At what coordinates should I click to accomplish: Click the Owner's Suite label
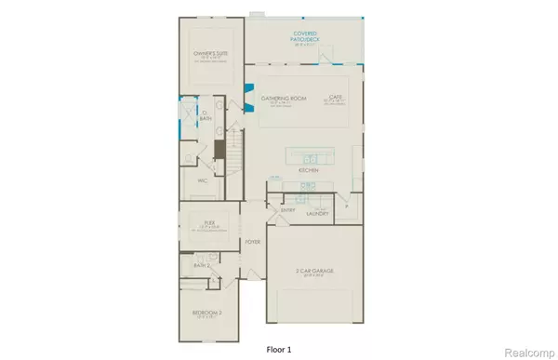[x=208, y=54]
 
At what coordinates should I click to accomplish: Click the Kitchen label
[x=309, y=172]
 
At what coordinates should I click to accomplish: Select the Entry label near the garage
[x=286, y=211]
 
